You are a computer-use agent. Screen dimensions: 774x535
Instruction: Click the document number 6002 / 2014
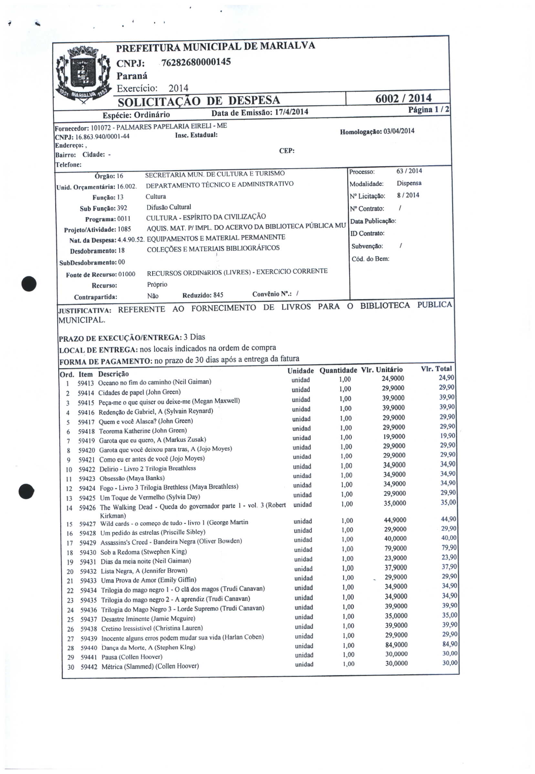(x=403, y=99)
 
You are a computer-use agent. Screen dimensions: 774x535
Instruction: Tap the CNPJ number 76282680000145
(x=196, y=62)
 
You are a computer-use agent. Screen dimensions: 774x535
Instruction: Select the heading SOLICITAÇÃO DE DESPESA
(x=199, y=100)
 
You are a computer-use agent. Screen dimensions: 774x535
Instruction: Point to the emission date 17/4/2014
(x=291, y=112)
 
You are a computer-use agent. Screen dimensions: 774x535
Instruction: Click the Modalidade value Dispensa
(x=409, y=183)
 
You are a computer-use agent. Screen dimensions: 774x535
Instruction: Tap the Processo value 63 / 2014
(x=409, y=171)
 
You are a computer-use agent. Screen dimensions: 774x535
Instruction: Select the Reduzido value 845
(x=218, y=295)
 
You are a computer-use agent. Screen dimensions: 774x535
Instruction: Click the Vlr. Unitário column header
(x=382, y=370)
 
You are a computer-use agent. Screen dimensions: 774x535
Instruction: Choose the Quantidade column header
(x=338, y=371)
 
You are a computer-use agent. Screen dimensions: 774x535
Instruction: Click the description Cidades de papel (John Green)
(x=140, y=392)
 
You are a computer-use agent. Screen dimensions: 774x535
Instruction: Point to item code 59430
(x=88, y=552)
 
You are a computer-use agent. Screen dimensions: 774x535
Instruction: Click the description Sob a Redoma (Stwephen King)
(x=143, y=552)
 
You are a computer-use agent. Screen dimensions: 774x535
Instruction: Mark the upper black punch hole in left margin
(x=29, y=284)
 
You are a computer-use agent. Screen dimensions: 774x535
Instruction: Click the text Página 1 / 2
(x=429, y=110)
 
